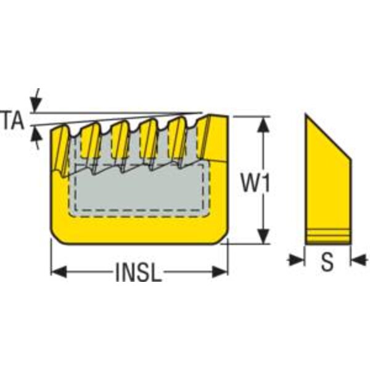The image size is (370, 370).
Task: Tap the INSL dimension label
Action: click(x=139, y=272)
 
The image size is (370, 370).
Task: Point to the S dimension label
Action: click(x=327, y=263)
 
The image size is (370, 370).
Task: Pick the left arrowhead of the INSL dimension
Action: click(x=58, y=271)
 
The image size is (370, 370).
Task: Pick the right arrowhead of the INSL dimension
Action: click(x=220, y=271)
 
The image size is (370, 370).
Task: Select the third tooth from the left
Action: click(x=120, y=142)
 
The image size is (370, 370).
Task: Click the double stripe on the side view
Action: click(x=327, y=235)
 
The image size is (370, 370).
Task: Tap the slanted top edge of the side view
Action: click(x=328, y=137)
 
